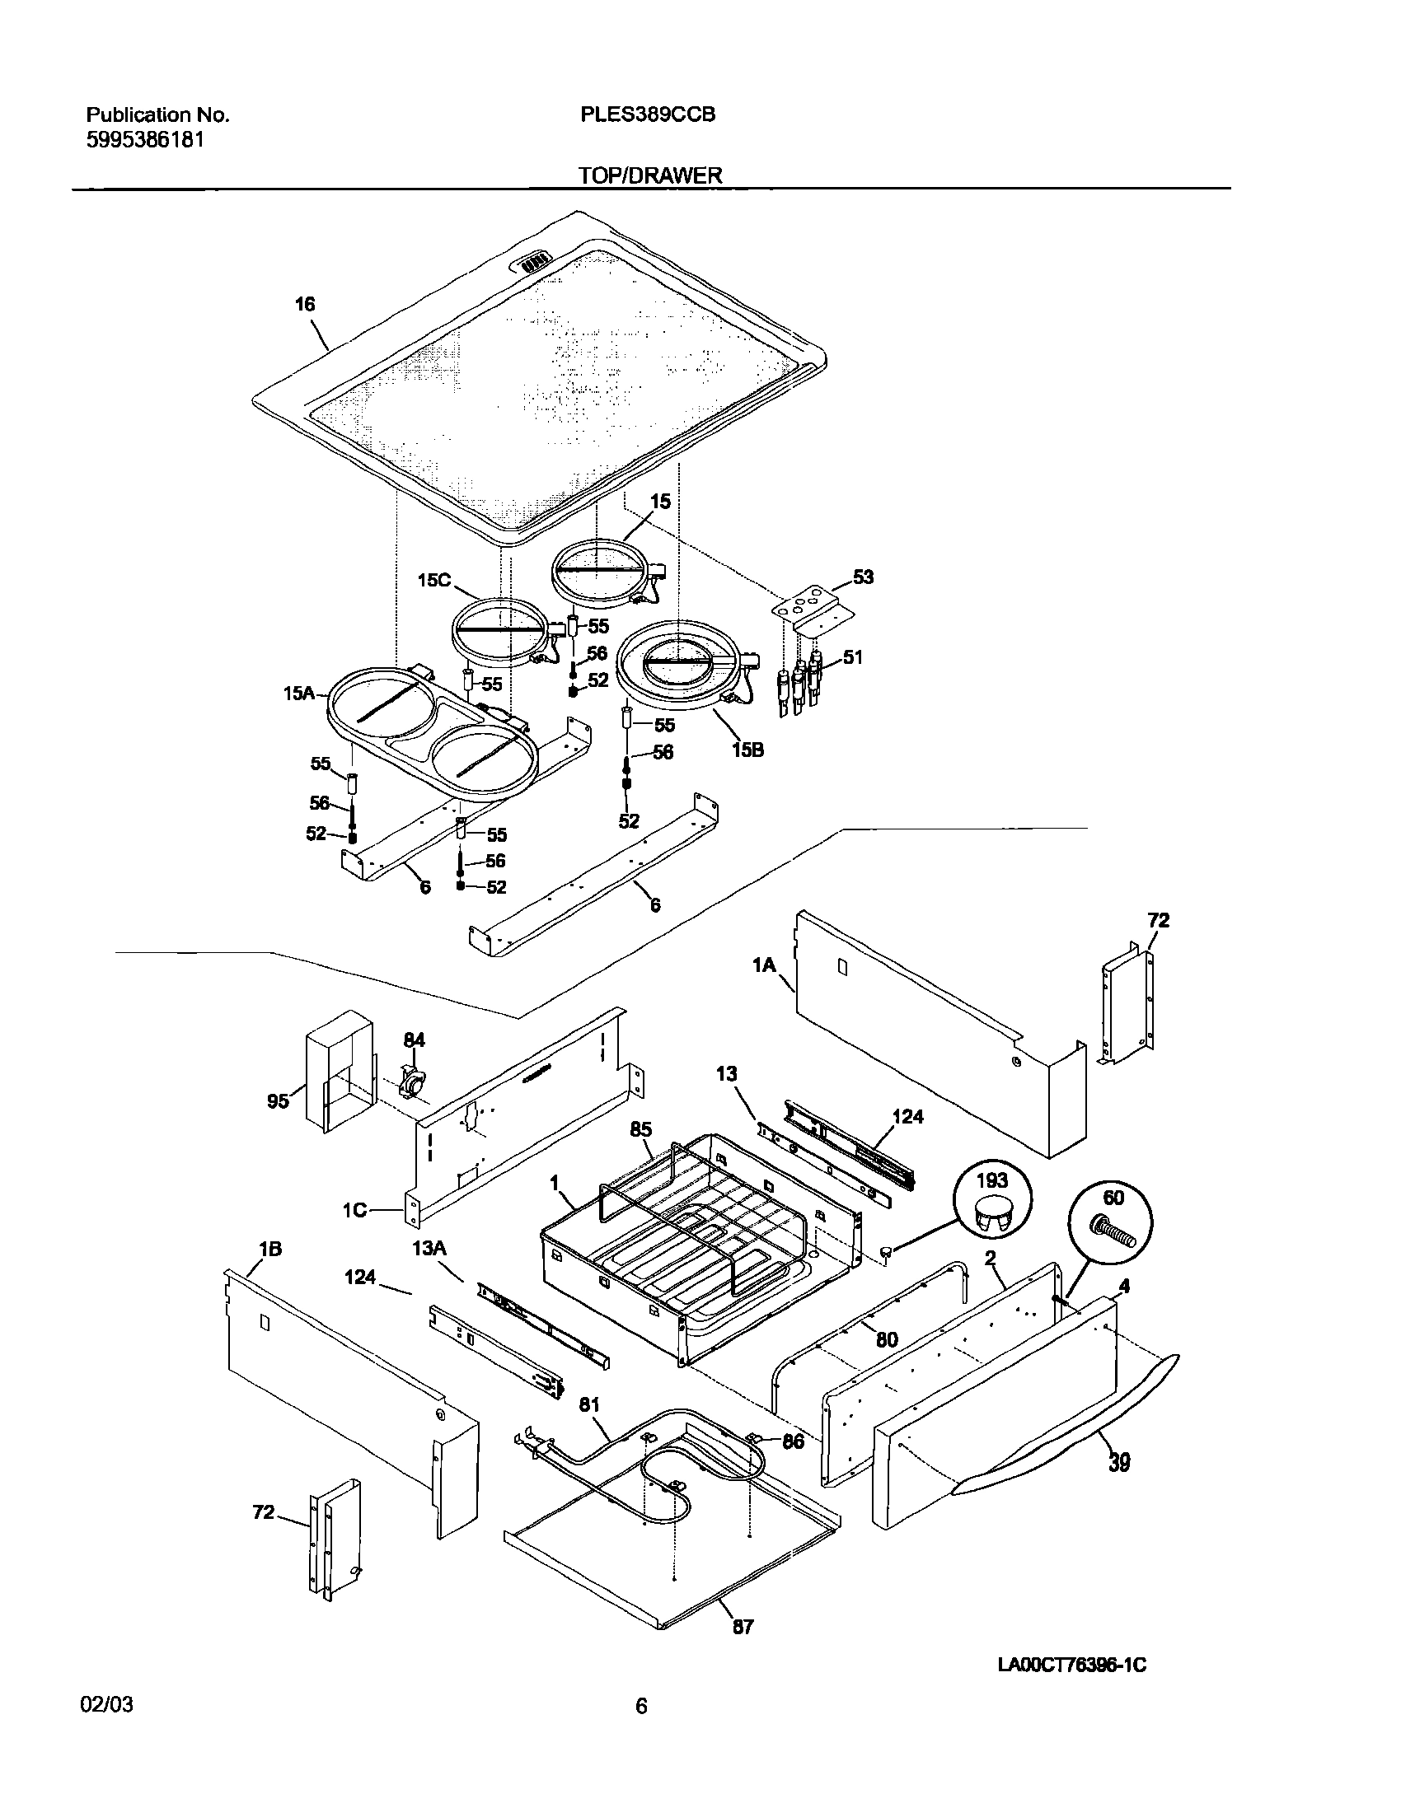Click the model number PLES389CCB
point(647,114)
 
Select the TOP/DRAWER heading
point(649,175)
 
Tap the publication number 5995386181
point(145,140)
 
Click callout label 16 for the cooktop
point(305,305)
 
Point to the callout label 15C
point(433,579)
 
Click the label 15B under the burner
point(747,750)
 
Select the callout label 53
point(862,577)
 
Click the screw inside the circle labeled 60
point(1113,1235)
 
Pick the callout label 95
point(279,1100)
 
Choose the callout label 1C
point(355,1211)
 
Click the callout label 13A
point(429,1249)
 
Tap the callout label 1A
point(764,964)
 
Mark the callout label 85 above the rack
point(641,1130)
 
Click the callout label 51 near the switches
point(852,656)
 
